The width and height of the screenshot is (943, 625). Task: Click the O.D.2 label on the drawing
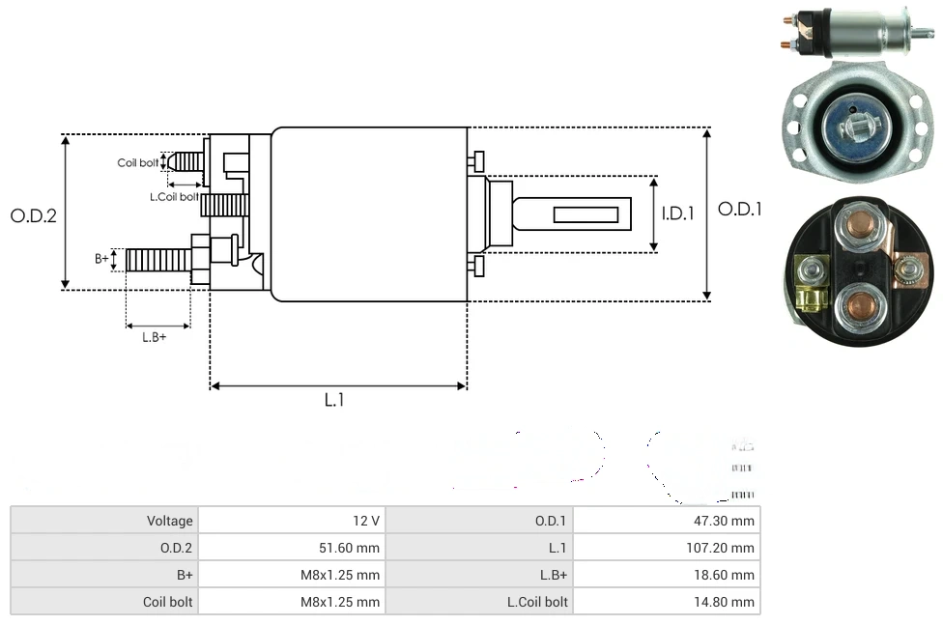tap(33, 215)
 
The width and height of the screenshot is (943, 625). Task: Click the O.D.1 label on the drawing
tap(740, 209)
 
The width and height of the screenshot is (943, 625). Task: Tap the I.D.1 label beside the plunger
tap(678, 213)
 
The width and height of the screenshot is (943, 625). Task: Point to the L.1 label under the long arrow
tap(333, 400)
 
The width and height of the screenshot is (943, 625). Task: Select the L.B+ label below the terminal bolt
tap(155, 337)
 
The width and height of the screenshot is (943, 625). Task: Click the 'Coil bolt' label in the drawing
tap(137, 162)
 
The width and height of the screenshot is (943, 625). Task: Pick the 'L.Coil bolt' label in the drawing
tap(174, 197)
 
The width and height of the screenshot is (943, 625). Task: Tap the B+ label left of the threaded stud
tap(101, 259)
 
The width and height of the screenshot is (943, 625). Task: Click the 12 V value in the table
tap(366, 521)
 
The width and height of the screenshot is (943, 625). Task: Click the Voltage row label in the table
tap(169, 521)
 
